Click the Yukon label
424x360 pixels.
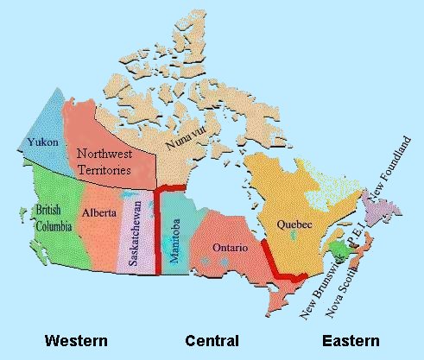pyautogui.click(x=42, y=141)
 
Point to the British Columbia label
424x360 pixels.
pyautogui.click(x=47, y=219)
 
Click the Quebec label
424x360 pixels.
pyautogui.click(x=294, y=224)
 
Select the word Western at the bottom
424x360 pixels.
pyautogui.click(x=76, y=339)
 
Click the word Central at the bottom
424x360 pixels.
pyautogui.click(x=212, y=339)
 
